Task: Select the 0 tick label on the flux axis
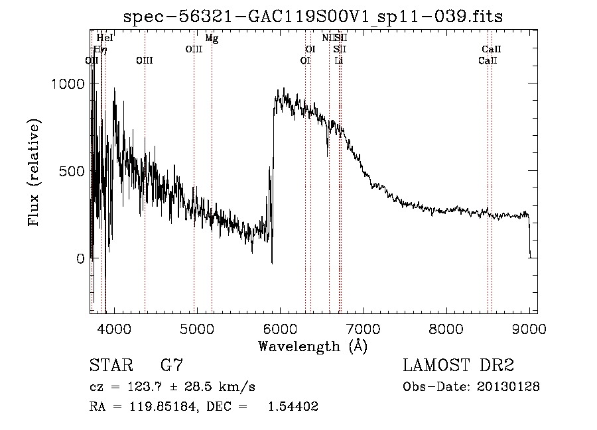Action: [x=80, y=258]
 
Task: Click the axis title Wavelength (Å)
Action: [x=312, y=346]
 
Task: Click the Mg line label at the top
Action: [x=212, y=38]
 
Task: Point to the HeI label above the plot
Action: [x=105, y=38]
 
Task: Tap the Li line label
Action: [x=339, y=60]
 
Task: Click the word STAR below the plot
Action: [x=108, y=366]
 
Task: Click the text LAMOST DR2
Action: [x=458, y=366]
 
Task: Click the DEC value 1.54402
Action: [x=293, y=407]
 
